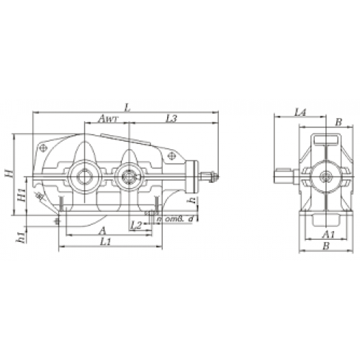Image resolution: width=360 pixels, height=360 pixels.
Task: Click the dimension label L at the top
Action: pyautogui.click(x=127, y=107)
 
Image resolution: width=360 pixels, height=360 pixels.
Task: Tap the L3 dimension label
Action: pyautogui.click(x=171, y=119)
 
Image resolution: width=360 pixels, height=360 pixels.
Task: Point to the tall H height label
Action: pyautogui.click(x=6, y=174)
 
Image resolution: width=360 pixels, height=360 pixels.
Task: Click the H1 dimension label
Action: pyautogui.click(x=21, y=194)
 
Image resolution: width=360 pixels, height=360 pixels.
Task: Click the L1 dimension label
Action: pyautogui.click(x=105, y=243)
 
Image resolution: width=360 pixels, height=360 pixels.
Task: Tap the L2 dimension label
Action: pyautogui.click(x=136, y=225)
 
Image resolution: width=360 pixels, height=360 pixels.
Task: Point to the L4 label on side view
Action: pyautogui.click(x=301, y=112)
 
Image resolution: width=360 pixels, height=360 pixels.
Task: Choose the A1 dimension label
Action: pyautogui.click(x=328, y=235)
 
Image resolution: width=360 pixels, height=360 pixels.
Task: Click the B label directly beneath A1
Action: pyautogui.click(x=328, y=246)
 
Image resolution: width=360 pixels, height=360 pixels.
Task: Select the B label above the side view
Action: pyautogui.click(x=338, y=122)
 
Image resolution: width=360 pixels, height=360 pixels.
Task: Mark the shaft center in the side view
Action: pyautogui.click(x=327, y=175)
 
